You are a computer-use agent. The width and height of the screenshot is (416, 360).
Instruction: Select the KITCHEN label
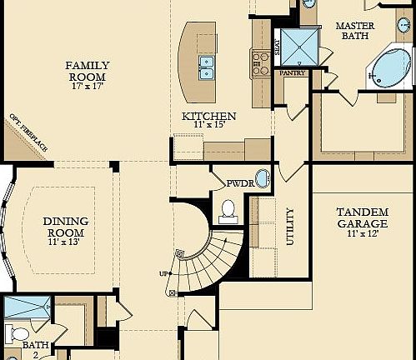(209, 116)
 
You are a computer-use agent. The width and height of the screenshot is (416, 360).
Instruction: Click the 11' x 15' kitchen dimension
(209, 126)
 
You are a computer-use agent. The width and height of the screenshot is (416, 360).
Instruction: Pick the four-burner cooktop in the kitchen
(259, 62)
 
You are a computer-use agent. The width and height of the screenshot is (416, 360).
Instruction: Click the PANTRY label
(293, 73)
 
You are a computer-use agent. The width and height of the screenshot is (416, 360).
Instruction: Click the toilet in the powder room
(228, 212)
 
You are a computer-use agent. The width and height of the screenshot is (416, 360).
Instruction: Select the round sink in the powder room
(262, 178)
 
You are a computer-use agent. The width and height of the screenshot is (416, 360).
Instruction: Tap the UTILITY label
(290, 226)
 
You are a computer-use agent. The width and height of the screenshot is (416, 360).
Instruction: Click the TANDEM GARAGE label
(362, 217)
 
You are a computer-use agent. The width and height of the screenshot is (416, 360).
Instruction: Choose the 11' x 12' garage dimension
(362, 235)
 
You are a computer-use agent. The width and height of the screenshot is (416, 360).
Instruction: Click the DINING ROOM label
(66, 227)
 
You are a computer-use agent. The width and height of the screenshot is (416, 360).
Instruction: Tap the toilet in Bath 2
(16, 333)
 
